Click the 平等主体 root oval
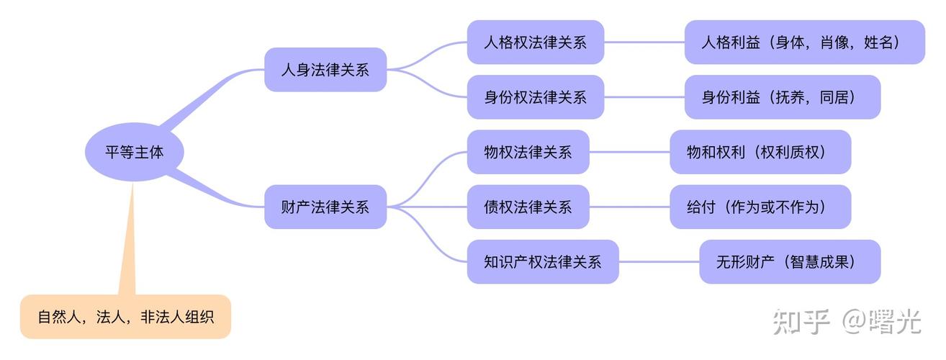coord(134,153)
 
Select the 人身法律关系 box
coord(325,70)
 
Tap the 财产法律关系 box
coord(325,207)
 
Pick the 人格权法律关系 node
coord(536,42)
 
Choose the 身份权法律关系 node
coord(536,97)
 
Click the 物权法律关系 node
coord(528,152)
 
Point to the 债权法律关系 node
coord(528,207)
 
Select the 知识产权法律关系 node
coord(543,262)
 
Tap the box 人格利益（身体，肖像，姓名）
coord(804,42)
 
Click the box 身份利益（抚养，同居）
coord(782,97)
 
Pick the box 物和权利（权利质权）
coord(760,152)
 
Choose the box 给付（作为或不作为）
coord(760,207)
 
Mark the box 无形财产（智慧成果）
coord(789,262)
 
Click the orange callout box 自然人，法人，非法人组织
coord(125,317)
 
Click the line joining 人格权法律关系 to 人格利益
coord(644,42)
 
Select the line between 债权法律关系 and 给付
coord(629,207)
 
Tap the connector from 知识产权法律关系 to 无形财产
coord(659,262)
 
